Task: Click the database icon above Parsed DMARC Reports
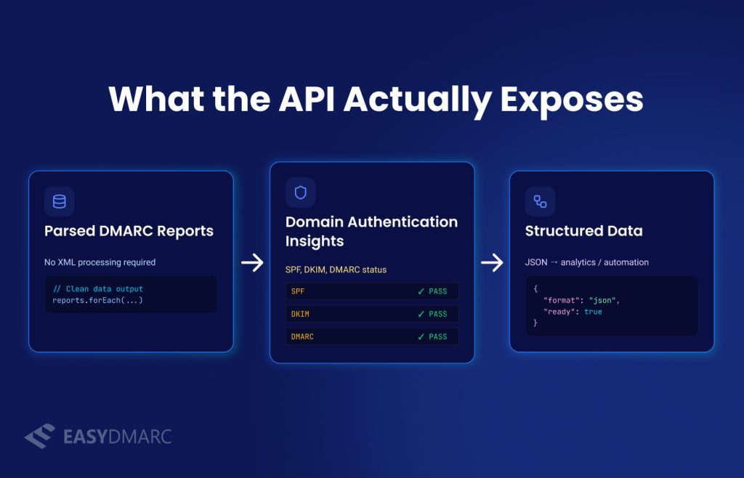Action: [x=60, y=201]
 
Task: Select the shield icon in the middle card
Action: [x=300, y=193]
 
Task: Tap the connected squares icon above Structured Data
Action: [x=541, y=201]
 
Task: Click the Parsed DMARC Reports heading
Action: [x=129, y=231]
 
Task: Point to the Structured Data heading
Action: [x=583, y=231]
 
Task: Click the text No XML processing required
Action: [x=100, y=262]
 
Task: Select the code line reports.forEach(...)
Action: [x=97, y=300]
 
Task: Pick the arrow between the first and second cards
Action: [x=252, y=262]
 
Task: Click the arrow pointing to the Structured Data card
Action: [x=492, y=262]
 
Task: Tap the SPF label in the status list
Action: [x=298, y=291]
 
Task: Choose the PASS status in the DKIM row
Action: [x=438, y=315]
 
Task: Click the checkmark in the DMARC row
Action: [x=421, y=337]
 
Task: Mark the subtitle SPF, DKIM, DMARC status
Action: [x=336, y=270]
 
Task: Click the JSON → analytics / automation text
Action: [x=586, y=262]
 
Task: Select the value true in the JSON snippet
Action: [x=593, y=312]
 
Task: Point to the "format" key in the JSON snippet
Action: [x=561, y=300]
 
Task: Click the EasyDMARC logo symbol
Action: [x=39, y=436]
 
